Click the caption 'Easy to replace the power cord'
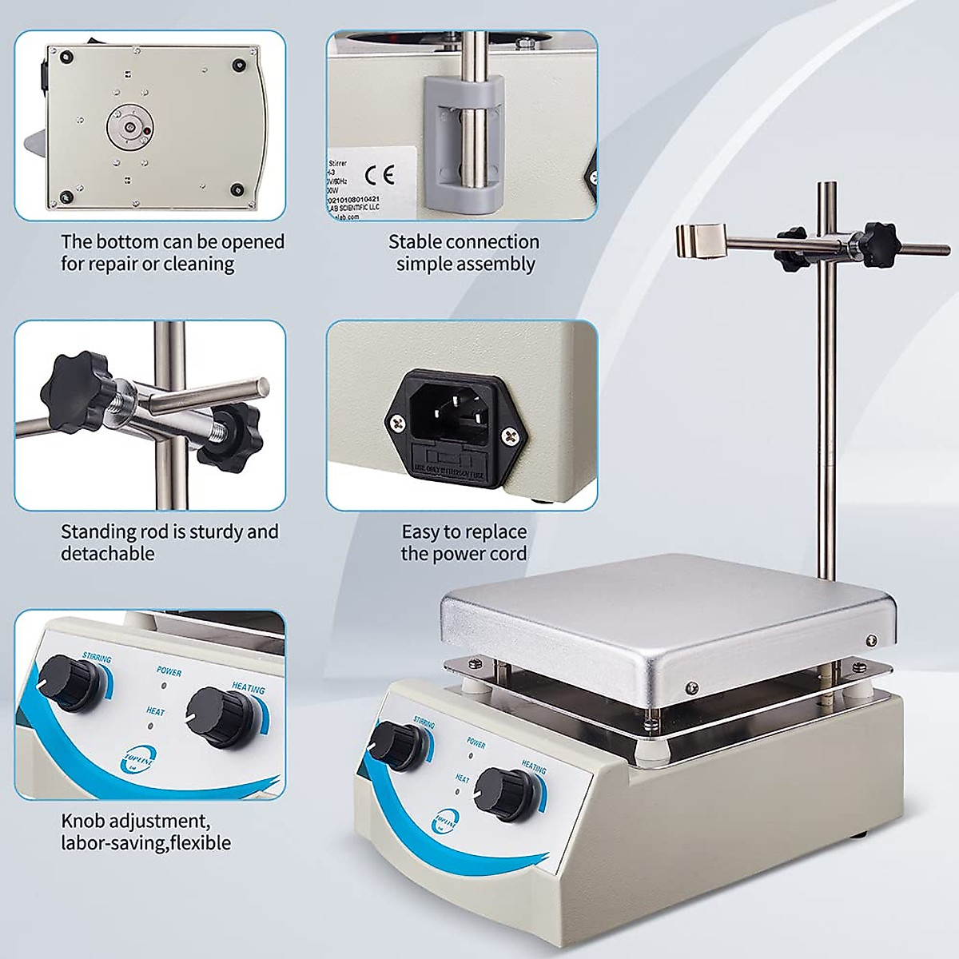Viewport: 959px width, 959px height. (464, 543)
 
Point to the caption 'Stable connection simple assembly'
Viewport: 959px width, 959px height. (464, 253)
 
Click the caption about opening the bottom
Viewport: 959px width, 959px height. (172, 253)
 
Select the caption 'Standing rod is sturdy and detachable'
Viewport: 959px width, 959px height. (169, 543)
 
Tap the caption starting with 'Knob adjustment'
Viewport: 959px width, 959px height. (146, 831)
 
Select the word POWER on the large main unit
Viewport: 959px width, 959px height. (476, 744)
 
